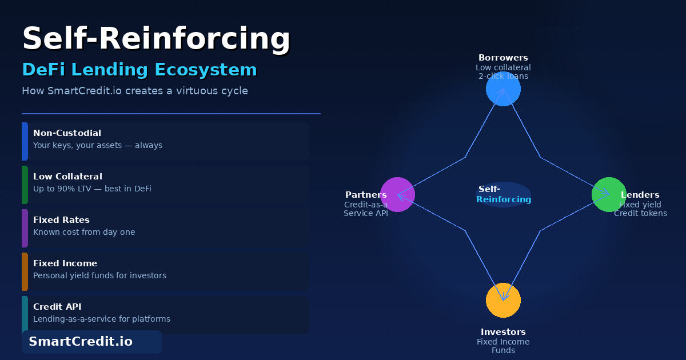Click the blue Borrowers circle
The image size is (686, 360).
tap(503, 89)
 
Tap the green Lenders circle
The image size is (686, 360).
tap(609, 194)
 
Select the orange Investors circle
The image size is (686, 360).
tap(503, 301)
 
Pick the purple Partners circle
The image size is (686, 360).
tap(397, 194)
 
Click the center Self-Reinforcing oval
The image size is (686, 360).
tap(503, 194)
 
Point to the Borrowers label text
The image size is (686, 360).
tap(503, 58)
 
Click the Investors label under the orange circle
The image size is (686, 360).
tap(503, 332)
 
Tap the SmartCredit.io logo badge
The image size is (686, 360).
tap(91, 342)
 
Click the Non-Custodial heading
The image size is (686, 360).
tap(67, 133)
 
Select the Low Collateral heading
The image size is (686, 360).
tap(67, 177)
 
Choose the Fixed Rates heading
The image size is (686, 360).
tap(61, 220)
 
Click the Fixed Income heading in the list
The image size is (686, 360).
tap(65, 263)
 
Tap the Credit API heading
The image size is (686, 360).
tap(57, 307)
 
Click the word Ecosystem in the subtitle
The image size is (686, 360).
tap(206, 70)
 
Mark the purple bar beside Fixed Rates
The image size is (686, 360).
tap(25, 228)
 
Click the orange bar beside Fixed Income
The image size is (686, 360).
tap(25, 271)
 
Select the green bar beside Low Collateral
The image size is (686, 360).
tap(25, 185)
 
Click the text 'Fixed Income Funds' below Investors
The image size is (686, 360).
tap(503, 346)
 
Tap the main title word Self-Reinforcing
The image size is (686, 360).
tap(156, 39)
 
